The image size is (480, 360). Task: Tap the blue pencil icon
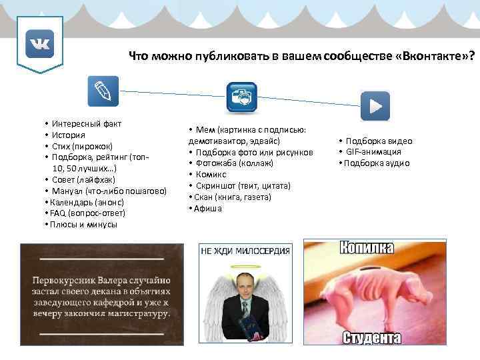pyautogui.click(x=103, y=91)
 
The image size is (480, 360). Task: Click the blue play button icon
pyautogui.click(x=375, y=105)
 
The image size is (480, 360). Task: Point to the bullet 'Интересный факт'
pyautogui.click(x=87, y=124)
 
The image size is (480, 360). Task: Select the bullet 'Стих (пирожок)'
pyautogui.click(x=83, y=146)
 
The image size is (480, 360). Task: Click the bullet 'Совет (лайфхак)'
pyautogui.click(x=84, y=180)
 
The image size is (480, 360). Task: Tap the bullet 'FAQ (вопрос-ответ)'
pyautogui.click(x=88, y=213)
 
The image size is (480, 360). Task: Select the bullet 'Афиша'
pyautogui.click(x=208, y=209)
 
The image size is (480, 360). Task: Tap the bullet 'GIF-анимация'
pyautogui.click(x=373, y=152)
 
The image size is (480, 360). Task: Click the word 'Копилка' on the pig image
pyautogui.click(x=366, y=249)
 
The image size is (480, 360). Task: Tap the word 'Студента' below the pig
pyautogui.click(x=371, y=338)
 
